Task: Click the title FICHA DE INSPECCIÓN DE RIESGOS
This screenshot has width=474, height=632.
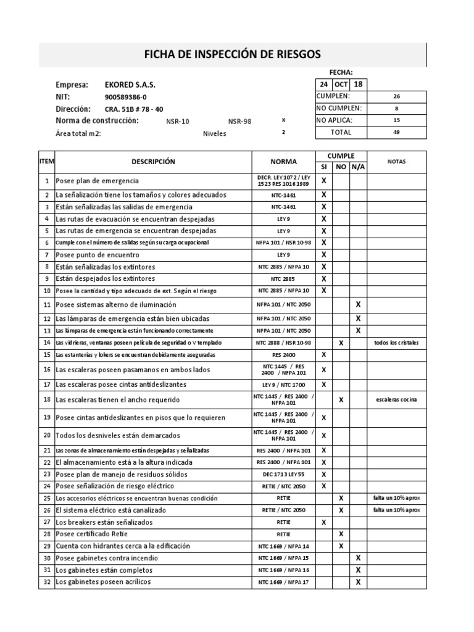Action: click(232, 54)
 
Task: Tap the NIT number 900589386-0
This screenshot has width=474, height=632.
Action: click(127, 97)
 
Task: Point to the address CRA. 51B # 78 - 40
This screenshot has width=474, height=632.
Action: click(134, 109)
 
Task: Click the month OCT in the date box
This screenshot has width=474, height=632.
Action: click(341, 85)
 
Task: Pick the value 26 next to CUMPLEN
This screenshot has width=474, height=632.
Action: click(396, 97)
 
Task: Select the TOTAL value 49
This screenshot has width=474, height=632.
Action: click(396, 132)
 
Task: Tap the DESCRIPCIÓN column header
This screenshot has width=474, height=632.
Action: click(153, 162)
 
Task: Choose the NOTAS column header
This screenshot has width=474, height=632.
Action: click(396, 162)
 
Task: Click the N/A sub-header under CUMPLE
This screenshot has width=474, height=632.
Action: click(358, 167)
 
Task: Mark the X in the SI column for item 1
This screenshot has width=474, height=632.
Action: click(323, 181)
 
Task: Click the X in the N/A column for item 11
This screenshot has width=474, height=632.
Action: click(358, 305)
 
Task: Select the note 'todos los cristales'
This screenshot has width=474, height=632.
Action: click(396, 343)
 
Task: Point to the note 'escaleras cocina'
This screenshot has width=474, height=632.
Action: click(396, 400)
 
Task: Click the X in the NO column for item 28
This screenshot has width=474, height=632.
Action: click(341, 534)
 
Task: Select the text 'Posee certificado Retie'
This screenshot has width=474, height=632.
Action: click(97, 534)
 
